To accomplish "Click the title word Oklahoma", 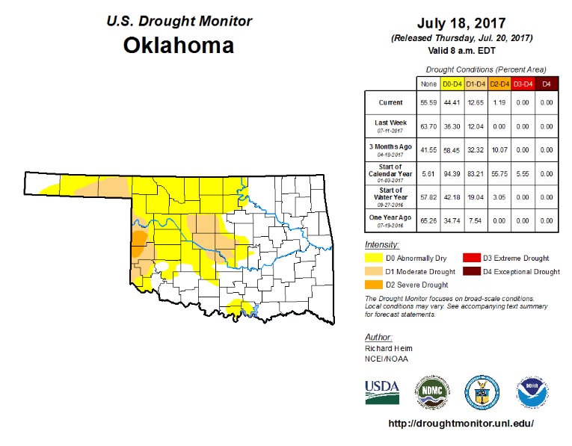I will (x=178, y=45).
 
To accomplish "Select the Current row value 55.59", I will (x=428, y=102).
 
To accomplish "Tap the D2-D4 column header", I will (x=500, y=84).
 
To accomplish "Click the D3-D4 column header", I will (x=523, y=84).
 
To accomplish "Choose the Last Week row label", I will (x=390, y=124).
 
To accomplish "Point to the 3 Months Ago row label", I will (x=390, y=148).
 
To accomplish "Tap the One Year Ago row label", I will (x=390, y=220).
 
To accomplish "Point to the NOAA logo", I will (x=532, y=391).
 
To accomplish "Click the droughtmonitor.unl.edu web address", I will (x=461, y=424).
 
